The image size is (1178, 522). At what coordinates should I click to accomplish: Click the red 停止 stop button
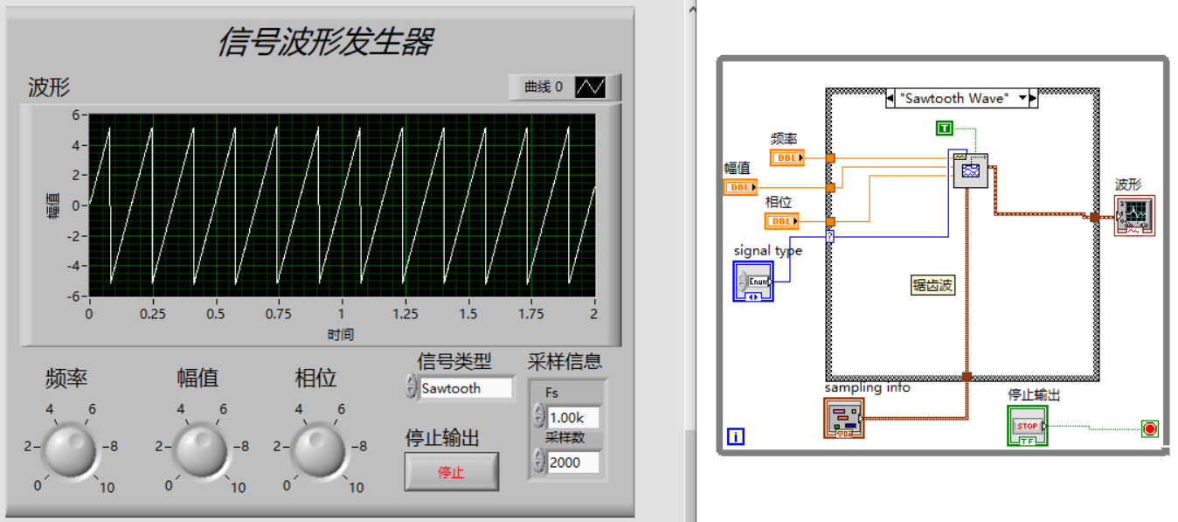tap(451, 472)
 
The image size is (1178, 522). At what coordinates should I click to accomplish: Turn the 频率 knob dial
tap(70, 449)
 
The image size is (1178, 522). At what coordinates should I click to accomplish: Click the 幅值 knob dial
tap(201, 449)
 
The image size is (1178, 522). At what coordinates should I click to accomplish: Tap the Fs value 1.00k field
tap(573, 418)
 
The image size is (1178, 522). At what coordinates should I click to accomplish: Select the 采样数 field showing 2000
tap(573, 462)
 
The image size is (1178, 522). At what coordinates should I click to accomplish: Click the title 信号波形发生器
tap(325, 41)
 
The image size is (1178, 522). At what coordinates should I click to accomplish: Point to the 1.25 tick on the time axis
tap(405, 314)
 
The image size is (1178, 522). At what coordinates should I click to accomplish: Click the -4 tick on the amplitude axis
tap(76, 266)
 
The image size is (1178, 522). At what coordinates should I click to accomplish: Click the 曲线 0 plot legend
tap(565, 87)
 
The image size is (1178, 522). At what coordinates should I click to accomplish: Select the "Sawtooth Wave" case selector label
tap(961, 98)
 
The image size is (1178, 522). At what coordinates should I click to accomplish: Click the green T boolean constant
tap(944, 129)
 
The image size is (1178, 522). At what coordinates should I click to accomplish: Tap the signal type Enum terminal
tap(753, 281)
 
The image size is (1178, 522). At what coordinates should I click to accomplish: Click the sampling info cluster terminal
tap(843, 418)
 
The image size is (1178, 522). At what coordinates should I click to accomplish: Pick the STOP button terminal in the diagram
tap(1027, 427)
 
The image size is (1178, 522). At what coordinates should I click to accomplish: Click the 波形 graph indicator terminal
tap(1134, 215)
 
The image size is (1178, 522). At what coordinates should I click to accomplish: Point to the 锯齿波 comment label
tap(933, 285)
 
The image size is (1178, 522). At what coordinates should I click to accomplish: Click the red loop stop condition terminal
tap(1149, 428)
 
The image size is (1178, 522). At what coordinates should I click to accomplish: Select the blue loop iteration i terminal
tap(736, 435)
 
